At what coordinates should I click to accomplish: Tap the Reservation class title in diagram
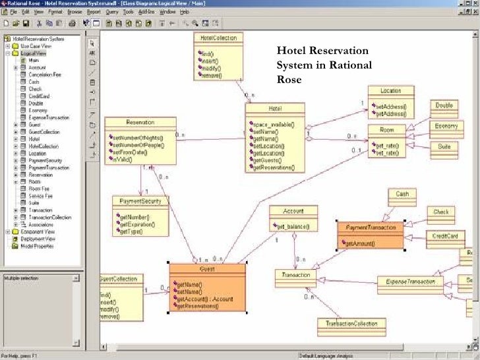point(140,123)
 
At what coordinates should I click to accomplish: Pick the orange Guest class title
point(207,269)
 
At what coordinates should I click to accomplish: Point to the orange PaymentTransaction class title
point(371,227)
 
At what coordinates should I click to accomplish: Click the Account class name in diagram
point(293,211)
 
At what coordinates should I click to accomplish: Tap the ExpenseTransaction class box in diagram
point(409,282)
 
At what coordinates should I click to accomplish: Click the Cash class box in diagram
point(402,194)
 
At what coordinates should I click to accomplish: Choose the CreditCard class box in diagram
point(445,235)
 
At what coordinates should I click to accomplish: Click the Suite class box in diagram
point(444,146)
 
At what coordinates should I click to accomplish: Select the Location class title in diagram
point(391,90)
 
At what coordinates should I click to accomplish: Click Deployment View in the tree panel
point(37,239)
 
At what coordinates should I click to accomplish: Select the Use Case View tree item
point(36,46)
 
